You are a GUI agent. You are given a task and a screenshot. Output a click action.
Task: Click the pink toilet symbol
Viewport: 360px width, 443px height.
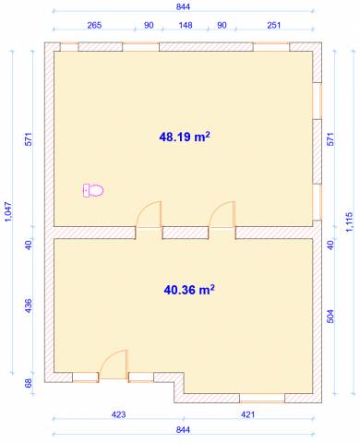pyautogui.click(x=93, y=190)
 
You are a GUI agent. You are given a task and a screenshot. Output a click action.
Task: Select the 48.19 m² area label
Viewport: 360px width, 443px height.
pyautogui.click(x=185, y=137)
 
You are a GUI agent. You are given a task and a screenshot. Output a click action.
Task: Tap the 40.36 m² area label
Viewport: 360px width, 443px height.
pyautogui.click(x=189, y=290)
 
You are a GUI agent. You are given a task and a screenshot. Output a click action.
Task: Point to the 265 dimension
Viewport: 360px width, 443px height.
pyautogui.click(x=94, y=25)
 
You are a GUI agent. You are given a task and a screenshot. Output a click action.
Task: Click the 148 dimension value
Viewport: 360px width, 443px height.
pyautogui.click(x=186, y=25)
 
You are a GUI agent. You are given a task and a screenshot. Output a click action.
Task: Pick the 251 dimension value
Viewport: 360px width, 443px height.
pyautogui.click(x=274, y=25)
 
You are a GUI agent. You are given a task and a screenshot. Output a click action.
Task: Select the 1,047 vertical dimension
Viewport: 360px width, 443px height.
pyautogui.click(x=8, y=212)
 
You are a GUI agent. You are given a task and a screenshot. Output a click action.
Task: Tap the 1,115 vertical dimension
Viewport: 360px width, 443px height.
pyautogui.click(x=350, y=221)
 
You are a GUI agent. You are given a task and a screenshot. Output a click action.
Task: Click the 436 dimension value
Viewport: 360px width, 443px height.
pyautogui.click(x=28, y=305)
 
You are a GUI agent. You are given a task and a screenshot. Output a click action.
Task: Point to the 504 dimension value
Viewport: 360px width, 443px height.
pyautogui.click(x=330, y=317)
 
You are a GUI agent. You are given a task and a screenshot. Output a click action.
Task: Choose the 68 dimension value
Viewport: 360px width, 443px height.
pyautogui.click(x=28, y=383)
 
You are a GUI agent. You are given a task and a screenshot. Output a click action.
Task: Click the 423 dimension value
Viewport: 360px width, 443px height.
pyautogui.click(x=118, y=414)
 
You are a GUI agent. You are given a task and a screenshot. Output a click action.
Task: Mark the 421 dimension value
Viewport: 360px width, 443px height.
pyautogui.click(x=247, y=414)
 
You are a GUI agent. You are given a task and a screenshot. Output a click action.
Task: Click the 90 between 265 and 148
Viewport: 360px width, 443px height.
pyautogui.click(x=149, y=25)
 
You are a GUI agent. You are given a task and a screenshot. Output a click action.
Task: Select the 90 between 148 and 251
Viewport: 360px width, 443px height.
pyautogui.click(x=222, y=25)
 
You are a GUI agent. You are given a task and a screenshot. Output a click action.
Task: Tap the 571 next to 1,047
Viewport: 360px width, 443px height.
pyautogui.click(x=28, y=139)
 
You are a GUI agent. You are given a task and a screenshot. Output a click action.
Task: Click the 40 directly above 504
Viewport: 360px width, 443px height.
pyautogui.click(x=330, y=245)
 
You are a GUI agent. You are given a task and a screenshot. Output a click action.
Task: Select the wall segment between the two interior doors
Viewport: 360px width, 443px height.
pyautogui.click(x=186, y=233)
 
